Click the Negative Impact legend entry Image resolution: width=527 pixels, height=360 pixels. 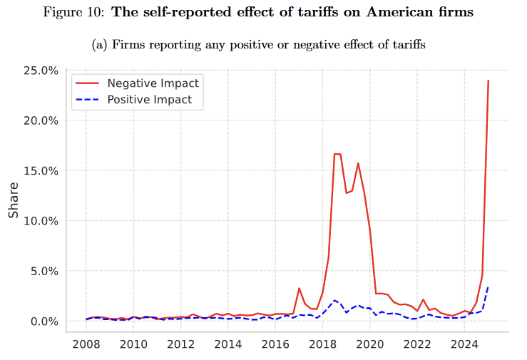pyautogui.click(x=153, y=83)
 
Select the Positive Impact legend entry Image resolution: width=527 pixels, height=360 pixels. pyautogui.click(x=149, y=100)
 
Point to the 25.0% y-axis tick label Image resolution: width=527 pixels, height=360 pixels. pyautogui.click(x=40, y=71)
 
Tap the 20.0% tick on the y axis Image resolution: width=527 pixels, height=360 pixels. pyautogui.click(x=40, y=120)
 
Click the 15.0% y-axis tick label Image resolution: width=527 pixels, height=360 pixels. pyautogui.click(x=40, y=171)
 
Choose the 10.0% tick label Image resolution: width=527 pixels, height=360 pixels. pyautogui.click(x=40, y=221)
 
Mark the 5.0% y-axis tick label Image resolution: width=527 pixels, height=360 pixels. pyautogui.click(x=43, y=271)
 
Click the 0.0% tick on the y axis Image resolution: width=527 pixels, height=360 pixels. pyautogui.click(x=43, y=322)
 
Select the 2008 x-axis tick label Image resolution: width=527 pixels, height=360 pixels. pyautogui.click(x=86, y=345)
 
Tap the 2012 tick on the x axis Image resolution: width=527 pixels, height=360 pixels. pyautogui.click(x=180, y=345)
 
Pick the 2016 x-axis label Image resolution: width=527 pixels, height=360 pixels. pyautogui.click(x=275, y=345)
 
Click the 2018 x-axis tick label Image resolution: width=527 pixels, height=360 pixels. pyautogui.click(x=322, y=345)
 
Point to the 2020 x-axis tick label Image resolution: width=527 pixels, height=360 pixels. pyautogui.click(x=369, y=345)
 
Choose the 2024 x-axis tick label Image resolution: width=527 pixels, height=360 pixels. pyautogui.click(x=464, y=345)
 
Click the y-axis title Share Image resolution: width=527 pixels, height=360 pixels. pyautogui.click(x=14, y=202)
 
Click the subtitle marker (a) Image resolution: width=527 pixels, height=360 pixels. pyautogui.click(x=100, y=45)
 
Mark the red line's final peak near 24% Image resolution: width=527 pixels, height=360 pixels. pyautogui.click(x=488, y=81)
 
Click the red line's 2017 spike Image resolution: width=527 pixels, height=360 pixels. pyautogui.click(x=299, y=288)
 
